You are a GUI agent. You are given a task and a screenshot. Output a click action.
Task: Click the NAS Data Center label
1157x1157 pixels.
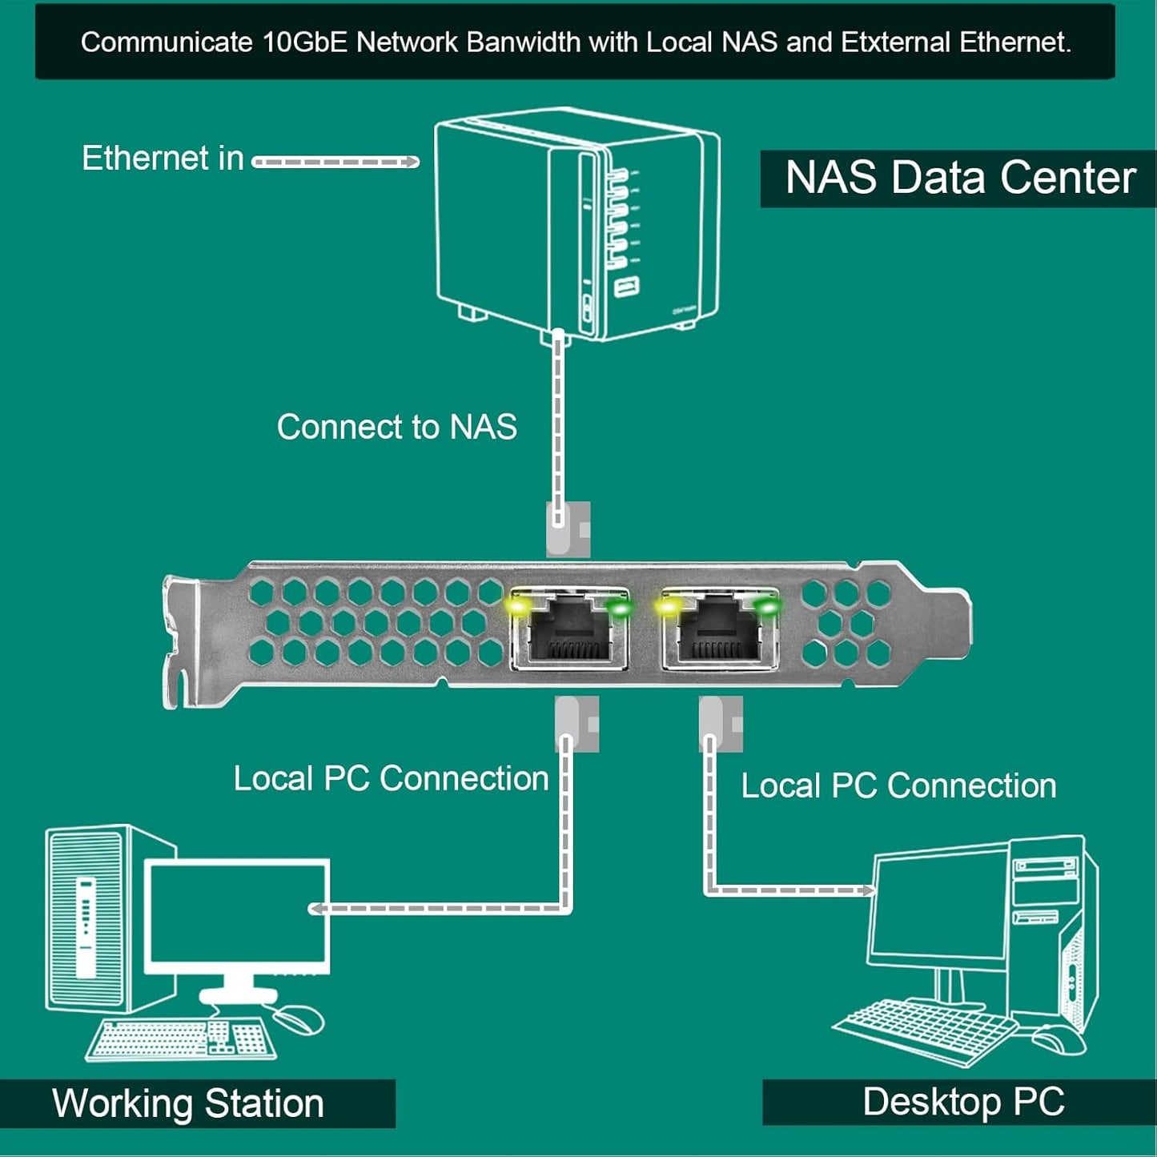[x=959, y=178]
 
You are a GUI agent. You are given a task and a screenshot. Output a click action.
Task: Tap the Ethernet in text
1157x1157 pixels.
[x=163, y=159]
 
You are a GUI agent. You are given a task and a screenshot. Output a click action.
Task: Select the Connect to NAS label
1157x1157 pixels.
[x=396, y=427]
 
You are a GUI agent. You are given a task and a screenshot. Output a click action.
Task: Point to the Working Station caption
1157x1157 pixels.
[x=188, y=1103]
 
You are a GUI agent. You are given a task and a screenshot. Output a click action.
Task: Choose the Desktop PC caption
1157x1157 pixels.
[x=963, y=1102]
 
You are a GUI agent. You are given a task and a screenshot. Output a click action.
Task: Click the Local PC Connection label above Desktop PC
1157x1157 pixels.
[x=898, y=785]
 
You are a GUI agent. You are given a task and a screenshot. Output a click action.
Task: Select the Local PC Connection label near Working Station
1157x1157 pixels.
[x=391, y=778]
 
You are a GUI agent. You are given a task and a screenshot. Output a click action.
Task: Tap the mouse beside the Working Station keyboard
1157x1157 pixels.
[x=298, y=1019]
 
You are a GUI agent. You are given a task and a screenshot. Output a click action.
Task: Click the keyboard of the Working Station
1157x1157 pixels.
[x=180, y=1039]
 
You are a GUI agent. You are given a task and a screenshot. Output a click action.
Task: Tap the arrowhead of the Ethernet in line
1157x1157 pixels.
[x=412, y=163]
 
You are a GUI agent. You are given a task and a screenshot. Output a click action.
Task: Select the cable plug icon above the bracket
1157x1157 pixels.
[x=568, y=528]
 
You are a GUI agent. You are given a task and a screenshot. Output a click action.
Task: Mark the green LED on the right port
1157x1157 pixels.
[x=768, y=607]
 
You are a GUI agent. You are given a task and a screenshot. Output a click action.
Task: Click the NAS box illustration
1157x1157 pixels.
[x=576, y=224]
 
